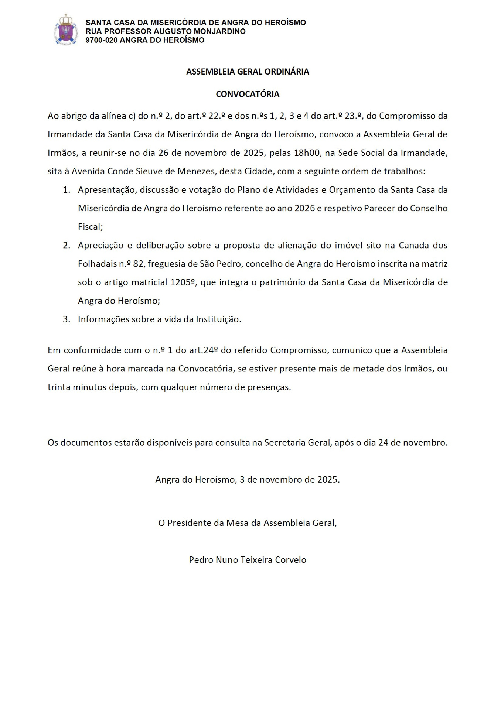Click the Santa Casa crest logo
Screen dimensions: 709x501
67,30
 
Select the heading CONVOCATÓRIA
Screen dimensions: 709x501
248,94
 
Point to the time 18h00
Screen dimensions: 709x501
307,153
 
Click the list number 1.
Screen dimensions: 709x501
67,190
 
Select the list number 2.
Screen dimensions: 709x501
67,246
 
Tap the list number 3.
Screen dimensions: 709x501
67,319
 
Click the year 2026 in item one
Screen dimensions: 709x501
305,208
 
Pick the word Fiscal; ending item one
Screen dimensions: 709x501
90,227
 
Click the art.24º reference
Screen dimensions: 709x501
204,350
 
